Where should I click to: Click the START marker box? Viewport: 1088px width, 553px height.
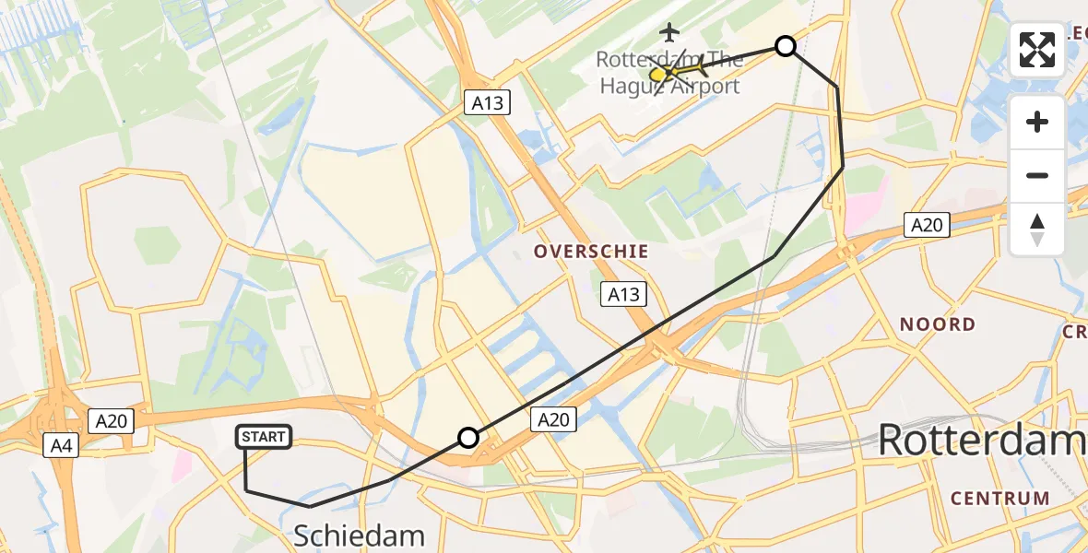pyautogui.click(x=265, y=437)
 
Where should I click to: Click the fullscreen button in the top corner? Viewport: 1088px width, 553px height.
pyautogui.click(x=1037, y=50)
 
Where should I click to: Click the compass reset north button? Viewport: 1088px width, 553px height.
pyautogui.click(x=1037, y=229)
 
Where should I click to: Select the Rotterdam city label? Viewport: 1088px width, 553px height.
pyautogui.click(x=981, y=440)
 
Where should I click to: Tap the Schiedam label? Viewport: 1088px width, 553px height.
pyautogui.click(x=359, y=535)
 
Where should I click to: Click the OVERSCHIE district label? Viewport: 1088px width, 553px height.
pyautogui.click(x=591, y=252)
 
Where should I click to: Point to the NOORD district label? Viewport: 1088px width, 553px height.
pyautogui.click(x=937, y=324)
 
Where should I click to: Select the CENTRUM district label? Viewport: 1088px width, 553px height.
pyautogui.click(x=999, y=499)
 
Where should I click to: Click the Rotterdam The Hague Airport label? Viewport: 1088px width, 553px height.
pyautogui.click(x=668, y=73)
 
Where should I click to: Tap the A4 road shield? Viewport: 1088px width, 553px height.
pyautogui.click(x=58, y=447)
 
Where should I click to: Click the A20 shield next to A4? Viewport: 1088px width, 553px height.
pyautogui.click(x=112, y=421)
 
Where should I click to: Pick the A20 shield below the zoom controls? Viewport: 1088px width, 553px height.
pyautogui.click(x=927, y=224)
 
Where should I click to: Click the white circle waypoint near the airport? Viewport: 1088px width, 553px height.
pyautogui.click(x=785, y=46)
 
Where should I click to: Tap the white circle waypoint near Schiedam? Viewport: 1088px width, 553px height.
pyautogui.click(x=468, y=438)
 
